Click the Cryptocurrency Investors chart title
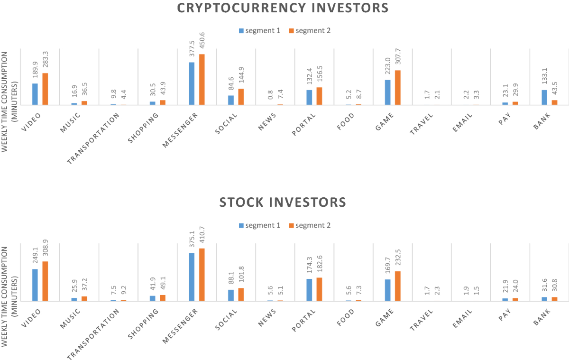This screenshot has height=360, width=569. pyautogui.click(x=283, y=8)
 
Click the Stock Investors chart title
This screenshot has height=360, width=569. pyautogui.click(x=283, y=203)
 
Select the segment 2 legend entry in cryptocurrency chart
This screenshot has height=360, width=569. pyautogui.click(x=309, y=31)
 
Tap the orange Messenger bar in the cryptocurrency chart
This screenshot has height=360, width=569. pyautogui.click(x=202, y=80)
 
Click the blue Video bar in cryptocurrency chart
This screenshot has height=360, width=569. pyautogui.click(x=35, y=94)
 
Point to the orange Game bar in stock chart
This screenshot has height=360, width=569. pyautogui.click(x=397, y=286)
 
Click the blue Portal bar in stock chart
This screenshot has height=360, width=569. pyautogui.click(x=309, y=290)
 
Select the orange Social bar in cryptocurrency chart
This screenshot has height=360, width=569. pyautogui.click(x=241, y=96)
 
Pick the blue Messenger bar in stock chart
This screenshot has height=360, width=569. pyautogui.click(x=192, y=277)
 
